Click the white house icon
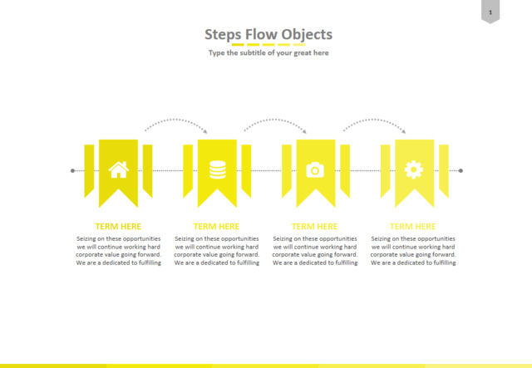118,169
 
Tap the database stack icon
218,169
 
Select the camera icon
315,170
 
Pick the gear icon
414,169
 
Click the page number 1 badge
490,12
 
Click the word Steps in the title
223,35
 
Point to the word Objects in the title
307,35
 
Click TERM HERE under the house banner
118,226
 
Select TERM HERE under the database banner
216,226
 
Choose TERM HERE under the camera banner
314,226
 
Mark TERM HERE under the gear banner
412,226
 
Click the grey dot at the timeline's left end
72,170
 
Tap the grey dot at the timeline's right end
461,170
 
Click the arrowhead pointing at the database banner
205,131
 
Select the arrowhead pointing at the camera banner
304,131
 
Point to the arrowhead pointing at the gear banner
403,131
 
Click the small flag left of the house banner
89,170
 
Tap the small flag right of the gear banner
444,170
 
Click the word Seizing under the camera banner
283,238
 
